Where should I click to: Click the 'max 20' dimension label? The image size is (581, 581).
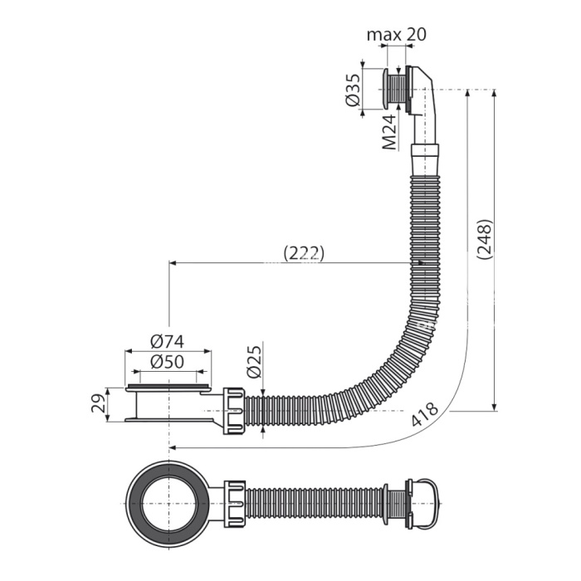tap(397, 35)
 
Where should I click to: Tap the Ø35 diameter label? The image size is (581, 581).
tap(354, 90)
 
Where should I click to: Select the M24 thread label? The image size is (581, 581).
tap(389, 132)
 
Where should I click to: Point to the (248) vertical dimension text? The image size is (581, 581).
tap(485, 239)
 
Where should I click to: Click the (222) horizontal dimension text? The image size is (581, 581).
tap(304, 253)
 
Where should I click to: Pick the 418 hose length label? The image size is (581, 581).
tap(425, 415)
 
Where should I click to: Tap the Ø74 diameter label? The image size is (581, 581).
tap(168, 342)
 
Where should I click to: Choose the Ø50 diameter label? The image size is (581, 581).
tap(168, 362)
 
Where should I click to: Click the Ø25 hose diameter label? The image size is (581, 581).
tap(254, 362)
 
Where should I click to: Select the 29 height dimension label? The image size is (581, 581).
tap(98, 403)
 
